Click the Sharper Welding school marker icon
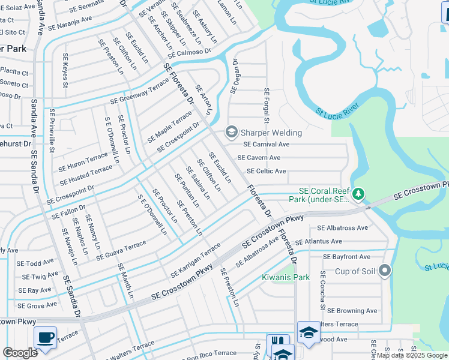click(x=231, y=131)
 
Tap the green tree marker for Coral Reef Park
click(x=358, y=194)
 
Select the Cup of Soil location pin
click(x=385, y=272)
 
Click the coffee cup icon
click(x=45, y=337)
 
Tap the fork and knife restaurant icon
click(x=277, y=344)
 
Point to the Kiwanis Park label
click(x=286, y=278)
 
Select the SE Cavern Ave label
click(x=259, y=158)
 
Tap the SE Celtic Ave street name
click(x=266, y=171)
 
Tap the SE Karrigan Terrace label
click(x=195, y=260)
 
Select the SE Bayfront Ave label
click(x=346, y=256)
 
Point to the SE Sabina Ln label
click(x=197, y=182)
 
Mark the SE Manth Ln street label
click(x=125, y=281)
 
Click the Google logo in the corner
click(x=20, y=353)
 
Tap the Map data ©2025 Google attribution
click(x=412, y=355)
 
